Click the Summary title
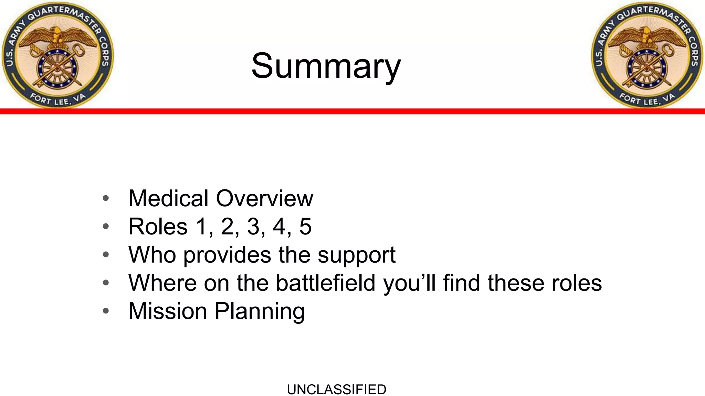[326, 66]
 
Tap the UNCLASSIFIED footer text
[336, 389]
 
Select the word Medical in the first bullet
[168, 198]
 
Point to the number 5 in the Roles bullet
[305, 227]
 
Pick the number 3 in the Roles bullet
[253, 227]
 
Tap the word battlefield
[325, 283]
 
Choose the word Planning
[260, 311]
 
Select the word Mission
[167, 311]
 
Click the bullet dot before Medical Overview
[106, 198]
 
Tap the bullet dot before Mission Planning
[106, 311]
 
